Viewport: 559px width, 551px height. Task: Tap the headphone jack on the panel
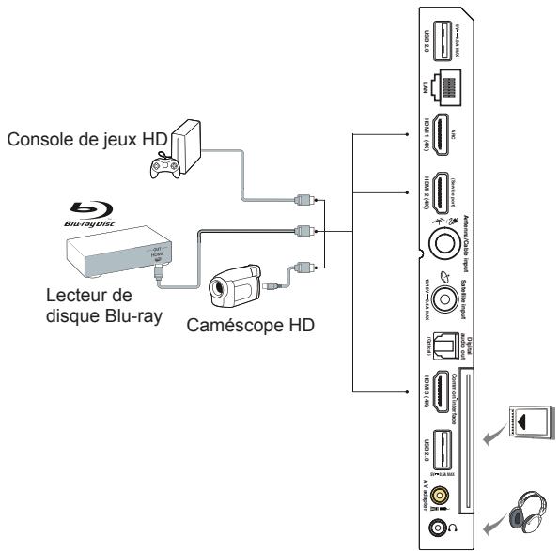[x=437, y=513]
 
